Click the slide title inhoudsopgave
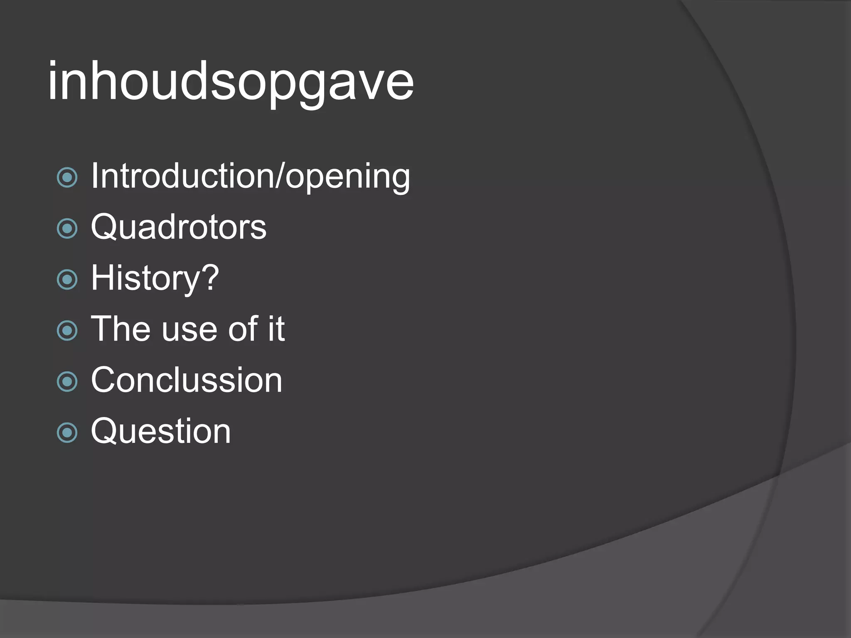tap(231, 81)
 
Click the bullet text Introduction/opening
tap(251, 176)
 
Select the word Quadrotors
tap(179, 227)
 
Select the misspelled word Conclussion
tap(187, 380)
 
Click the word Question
tap(161, 431)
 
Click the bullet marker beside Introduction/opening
tap(67, 178)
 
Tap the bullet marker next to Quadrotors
tap(67, 228)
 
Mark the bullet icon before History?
tap(67, 280)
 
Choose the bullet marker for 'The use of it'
tap(67, 331)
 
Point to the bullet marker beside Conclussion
tap(67, 382)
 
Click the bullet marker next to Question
tap(67, 433)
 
